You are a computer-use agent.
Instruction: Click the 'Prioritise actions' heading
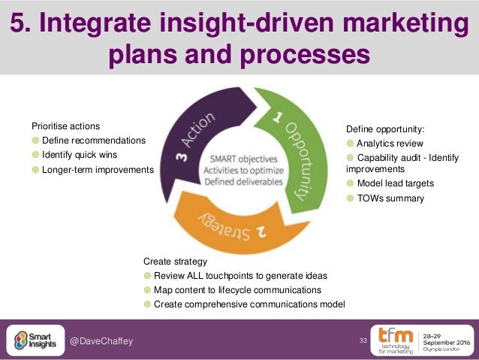coord(65,126)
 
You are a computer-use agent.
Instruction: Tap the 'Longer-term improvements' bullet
coord(97,170)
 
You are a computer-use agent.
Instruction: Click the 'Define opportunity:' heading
coord(384,129)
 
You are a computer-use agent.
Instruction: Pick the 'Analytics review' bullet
coord(390,144)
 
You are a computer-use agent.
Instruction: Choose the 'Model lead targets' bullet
coord(395,183)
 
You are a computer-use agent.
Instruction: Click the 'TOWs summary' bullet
coord(390,199)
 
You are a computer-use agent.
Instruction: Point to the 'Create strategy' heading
coord(175,261)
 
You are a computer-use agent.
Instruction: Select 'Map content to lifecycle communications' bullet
coord(237,289)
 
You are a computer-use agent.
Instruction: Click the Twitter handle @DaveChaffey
coord(101,342)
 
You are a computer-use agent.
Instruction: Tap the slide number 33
coord(363,342)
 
